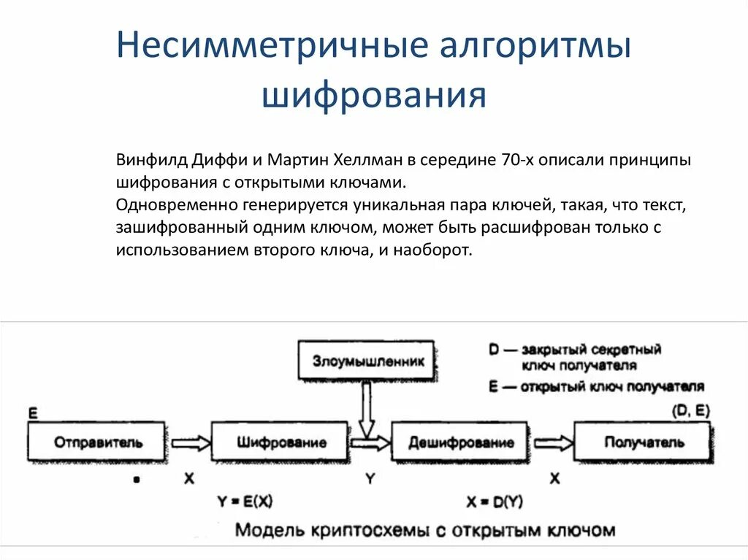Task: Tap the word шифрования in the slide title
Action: click(374, 96)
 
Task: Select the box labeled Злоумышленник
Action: click(365, 361)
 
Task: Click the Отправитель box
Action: click(98, 442)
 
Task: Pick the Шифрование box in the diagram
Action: click(281, 442)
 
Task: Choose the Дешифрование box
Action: click(461, 442)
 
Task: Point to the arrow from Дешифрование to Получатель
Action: click(553, 442)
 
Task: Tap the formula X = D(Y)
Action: click(495, 502)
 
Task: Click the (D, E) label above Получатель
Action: click(690, 411)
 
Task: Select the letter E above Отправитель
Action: click(33, 414)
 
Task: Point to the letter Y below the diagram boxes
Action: click(370, 479)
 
